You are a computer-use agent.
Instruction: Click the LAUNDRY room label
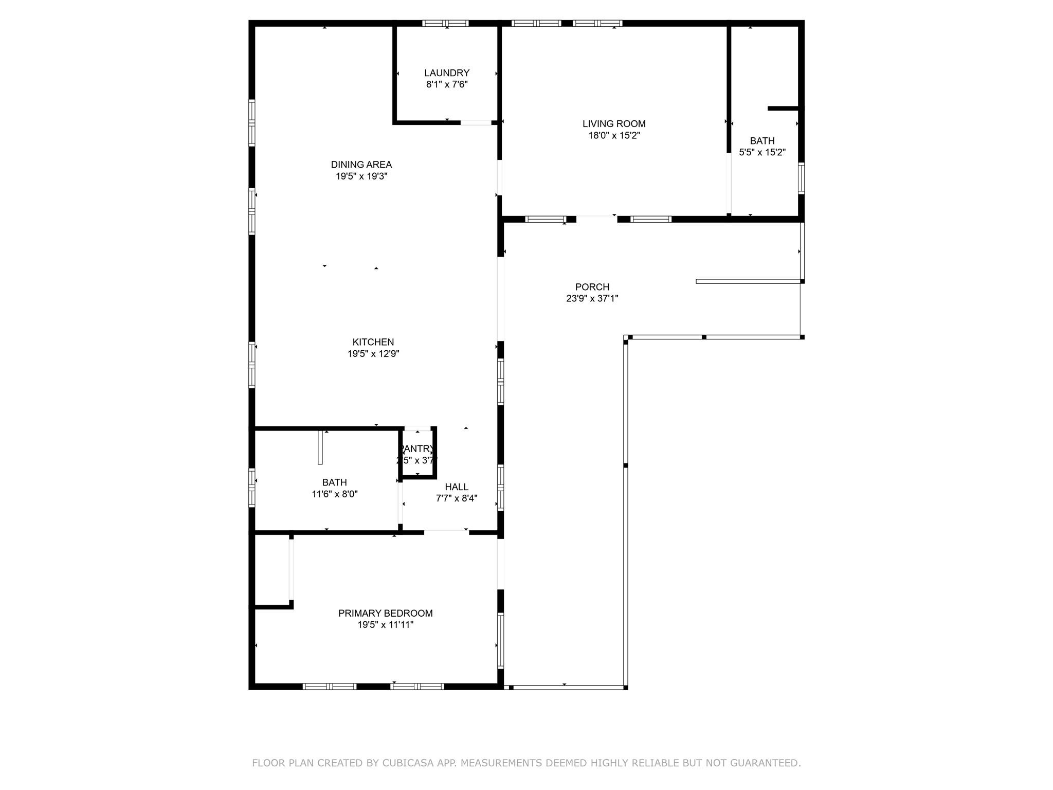pos(446,73)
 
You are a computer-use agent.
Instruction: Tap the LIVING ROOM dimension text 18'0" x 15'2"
pos(614,136)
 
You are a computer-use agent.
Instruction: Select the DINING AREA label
pos(361,165)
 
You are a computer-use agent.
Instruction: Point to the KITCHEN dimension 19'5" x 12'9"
pos(373,354)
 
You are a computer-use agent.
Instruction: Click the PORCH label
pos(592,287)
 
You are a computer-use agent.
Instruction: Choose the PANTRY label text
pos(417,449)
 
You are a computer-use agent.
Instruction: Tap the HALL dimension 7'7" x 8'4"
pos(457,498)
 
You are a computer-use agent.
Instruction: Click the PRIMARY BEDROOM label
pos(385,613)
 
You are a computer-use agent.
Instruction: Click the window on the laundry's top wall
pos(445,23)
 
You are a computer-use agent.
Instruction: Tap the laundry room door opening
pos(476,122)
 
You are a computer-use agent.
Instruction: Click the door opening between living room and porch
pos(596,219)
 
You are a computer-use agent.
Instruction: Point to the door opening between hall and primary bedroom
pos(446,532)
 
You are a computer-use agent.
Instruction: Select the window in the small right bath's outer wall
pos(801,178)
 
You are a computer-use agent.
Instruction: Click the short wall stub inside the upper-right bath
pos(783,109)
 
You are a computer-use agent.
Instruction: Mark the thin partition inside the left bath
pos(320,447)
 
